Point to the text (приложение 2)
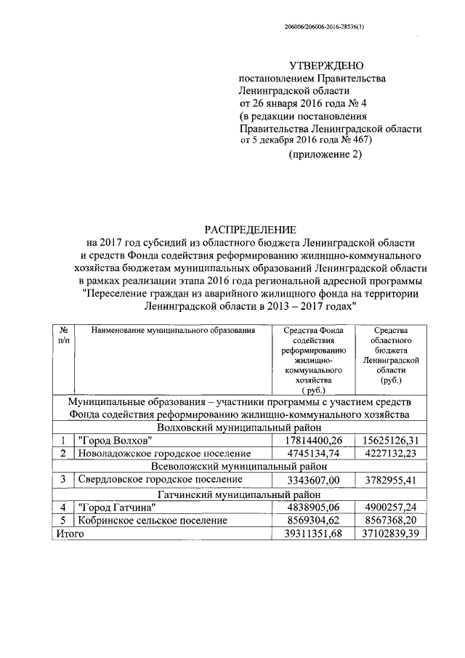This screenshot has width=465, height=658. click(325, 155)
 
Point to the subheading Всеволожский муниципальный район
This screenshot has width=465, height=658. click(240, 466)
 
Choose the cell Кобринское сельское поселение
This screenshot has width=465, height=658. click(153, 521)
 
